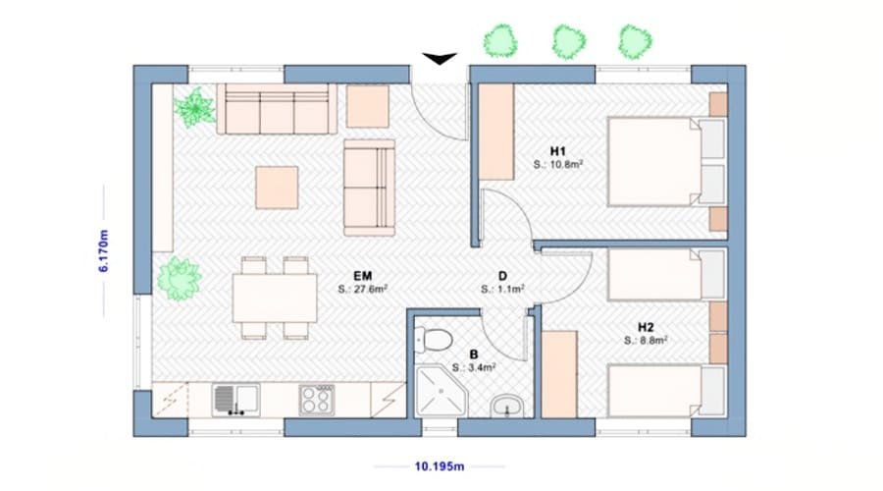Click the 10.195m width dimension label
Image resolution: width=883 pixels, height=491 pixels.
tap(440, 466)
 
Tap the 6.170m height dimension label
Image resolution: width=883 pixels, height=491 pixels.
tap(104, 250)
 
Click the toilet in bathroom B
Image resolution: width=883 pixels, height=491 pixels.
tap(433, 340)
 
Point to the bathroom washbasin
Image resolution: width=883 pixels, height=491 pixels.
tap(507, 406)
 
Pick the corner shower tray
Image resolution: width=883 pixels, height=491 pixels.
tap(441, 391)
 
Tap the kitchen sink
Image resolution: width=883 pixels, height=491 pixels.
tap(235, 400)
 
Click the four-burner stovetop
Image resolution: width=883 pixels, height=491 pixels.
tap(317, 400)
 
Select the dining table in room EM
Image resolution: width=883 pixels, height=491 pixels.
tap(275, 298)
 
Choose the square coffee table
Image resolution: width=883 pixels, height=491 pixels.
tap(277, 188)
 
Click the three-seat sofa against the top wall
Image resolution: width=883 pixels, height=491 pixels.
tap(277, 109)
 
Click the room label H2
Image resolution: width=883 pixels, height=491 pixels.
tap(646, 327)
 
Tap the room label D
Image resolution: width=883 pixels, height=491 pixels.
tap(503, 276)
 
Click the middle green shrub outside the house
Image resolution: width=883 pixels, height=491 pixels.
tap(568, 41)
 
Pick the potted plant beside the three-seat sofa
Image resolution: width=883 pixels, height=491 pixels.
tap(194, 107)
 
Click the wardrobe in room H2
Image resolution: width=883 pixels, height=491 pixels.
tap(559, 374)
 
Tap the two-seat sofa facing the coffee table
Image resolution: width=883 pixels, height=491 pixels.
tap(370, 188)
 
